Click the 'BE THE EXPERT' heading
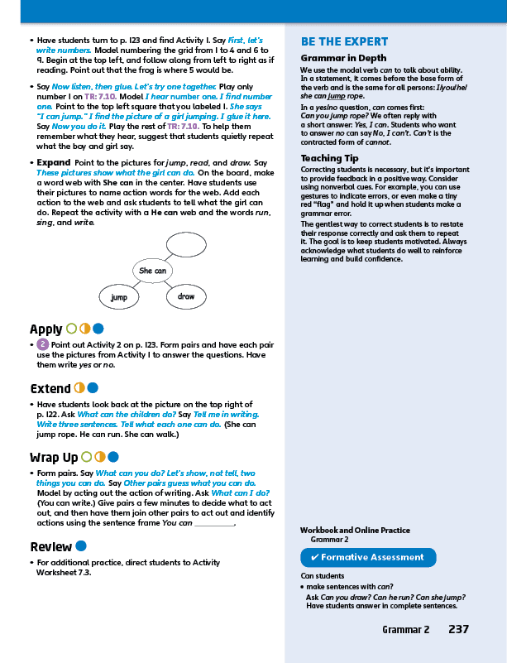[344, 41]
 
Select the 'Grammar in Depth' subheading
[343, 58]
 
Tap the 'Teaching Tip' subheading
[329, 157]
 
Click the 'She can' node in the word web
[152, 271]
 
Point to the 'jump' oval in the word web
[120, 296]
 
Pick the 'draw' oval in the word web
[186, 296]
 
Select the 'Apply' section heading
[46, 329]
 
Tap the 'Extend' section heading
[50, 388]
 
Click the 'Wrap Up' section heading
[54, 457]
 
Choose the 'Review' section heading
[50, 546]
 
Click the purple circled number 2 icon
[43, 344]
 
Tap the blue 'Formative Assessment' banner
[368, 557]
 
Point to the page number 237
[458, 630]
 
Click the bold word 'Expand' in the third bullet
[54, 162]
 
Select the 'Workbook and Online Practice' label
[355, 530]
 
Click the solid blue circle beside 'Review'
[81, 546]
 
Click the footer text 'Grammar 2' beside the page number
[405, 630]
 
